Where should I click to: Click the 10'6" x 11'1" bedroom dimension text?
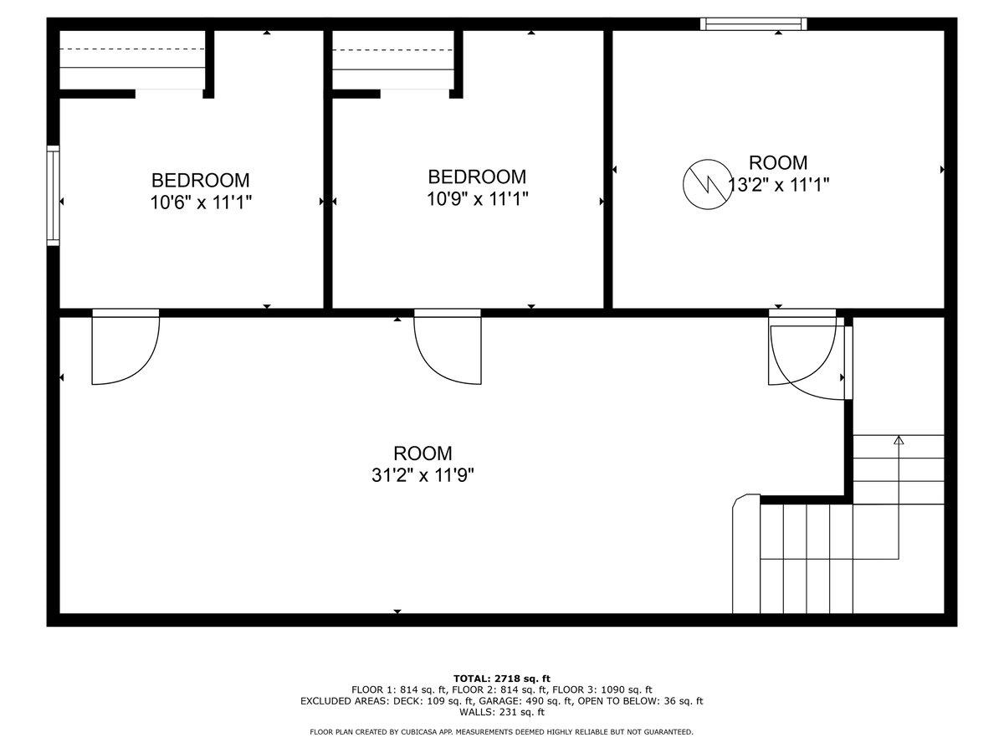click(x=201, y=202)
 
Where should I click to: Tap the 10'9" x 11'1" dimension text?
click(x=477, y=199)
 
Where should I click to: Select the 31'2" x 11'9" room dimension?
click(x=423, y=475)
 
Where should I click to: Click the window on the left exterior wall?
click(x=53, y=195)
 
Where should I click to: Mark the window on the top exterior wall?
click(x=753, y=23)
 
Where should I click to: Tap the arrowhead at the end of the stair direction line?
click(x=899, y=440)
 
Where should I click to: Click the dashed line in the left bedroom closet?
click(x=132, y=49)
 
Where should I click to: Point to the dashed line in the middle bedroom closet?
click(x=392, y=50)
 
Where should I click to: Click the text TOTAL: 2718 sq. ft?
click(x=502, y=679)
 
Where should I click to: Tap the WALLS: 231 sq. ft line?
click(x=502, y=712)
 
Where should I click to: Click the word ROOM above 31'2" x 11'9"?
click(x=423, y=453)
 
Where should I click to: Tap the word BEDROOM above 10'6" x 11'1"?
click(x=200, y=180)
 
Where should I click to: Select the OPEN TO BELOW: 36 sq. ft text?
click(x=640, y=701)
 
